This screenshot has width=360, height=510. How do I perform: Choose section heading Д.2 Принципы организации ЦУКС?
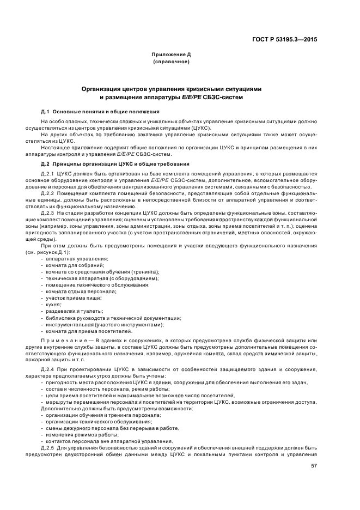[x=115, y=163]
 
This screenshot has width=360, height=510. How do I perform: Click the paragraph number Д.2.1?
[x=48, y=173]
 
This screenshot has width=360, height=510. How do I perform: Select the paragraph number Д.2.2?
[x=48, y=193]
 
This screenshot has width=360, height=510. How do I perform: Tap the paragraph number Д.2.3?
[x=48, y=212]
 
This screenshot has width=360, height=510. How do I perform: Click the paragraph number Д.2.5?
[x=48, y=448]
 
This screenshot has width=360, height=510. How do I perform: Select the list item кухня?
[x=53, y=304]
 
